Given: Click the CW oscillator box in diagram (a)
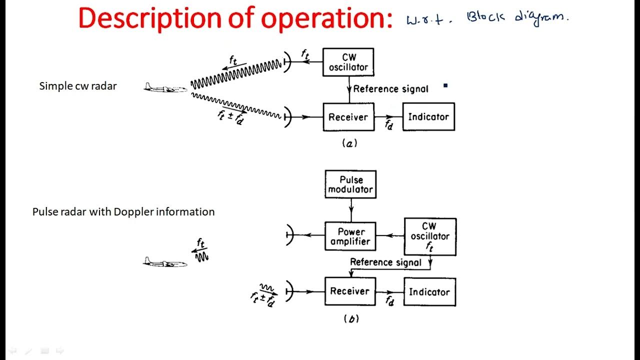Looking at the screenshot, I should coord(348,62).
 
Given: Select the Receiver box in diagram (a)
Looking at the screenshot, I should coord(348,117).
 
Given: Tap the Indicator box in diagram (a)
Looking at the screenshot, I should coord(428,117).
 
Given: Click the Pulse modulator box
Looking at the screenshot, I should coord(350,184).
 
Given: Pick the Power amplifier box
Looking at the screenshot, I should coord(350,236).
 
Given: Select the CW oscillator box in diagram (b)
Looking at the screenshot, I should coord(430,236).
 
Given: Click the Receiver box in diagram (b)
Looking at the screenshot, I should coord(349,291).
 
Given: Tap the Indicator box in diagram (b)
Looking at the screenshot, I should coord(429,292).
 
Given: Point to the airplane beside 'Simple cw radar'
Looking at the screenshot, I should coord(165,88).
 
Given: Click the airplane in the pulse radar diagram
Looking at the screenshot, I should coord(165,262).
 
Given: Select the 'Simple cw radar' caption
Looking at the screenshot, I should coord(78,86).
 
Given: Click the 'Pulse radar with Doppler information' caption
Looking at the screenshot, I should coord(123,211).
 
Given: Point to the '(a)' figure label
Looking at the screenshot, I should coord(349,144).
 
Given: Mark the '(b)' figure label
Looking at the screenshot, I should coord(351,319).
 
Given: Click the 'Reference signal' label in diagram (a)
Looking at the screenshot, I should coord(390,89).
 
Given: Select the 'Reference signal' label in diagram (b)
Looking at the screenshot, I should coord(385,262).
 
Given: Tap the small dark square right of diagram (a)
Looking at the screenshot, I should coord(445,85).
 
